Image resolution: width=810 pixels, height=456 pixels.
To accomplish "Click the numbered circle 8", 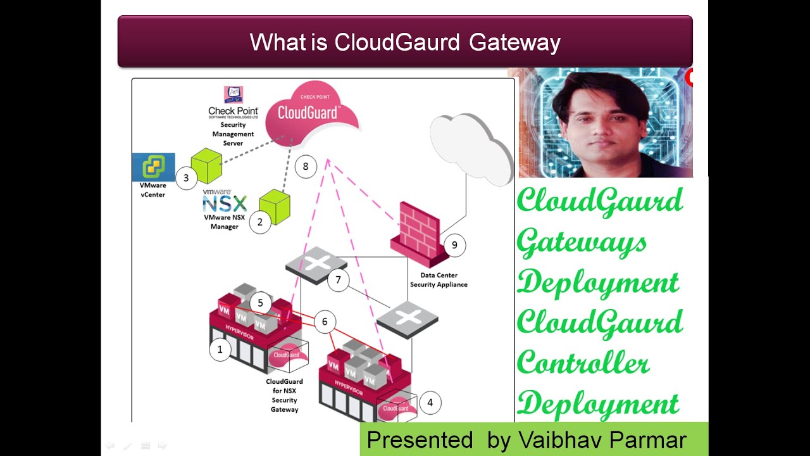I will tap(306, 167).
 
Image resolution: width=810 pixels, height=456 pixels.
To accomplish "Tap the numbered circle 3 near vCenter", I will tap(186, 178).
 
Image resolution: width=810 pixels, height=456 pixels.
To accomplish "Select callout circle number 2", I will tap(259, 222).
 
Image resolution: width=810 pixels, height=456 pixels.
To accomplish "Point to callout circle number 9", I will tap(454, 245).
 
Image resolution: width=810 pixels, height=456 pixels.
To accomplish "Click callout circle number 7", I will tap(339, 280).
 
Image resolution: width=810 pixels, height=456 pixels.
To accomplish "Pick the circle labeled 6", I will tap(325, 322).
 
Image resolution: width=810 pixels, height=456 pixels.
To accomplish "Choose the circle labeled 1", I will tap(220, 349).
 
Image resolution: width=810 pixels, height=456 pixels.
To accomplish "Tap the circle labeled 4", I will tap(430, 402).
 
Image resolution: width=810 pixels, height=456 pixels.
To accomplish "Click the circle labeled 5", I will tap(260, 303).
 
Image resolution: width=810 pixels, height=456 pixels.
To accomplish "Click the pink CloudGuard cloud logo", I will tap(309, 114).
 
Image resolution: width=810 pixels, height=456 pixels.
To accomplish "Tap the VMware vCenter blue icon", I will tap(153, 167).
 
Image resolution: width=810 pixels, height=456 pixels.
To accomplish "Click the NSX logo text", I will tap(224, 203).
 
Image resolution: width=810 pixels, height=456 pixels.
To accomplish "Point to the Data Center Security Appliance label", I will tap(439, 280).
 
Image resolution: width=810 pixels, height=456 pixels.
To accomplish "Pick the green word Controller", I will tap(583, 364).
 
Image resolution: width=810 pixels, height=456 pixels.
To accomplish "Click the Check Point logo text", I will tap(233, 111).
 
